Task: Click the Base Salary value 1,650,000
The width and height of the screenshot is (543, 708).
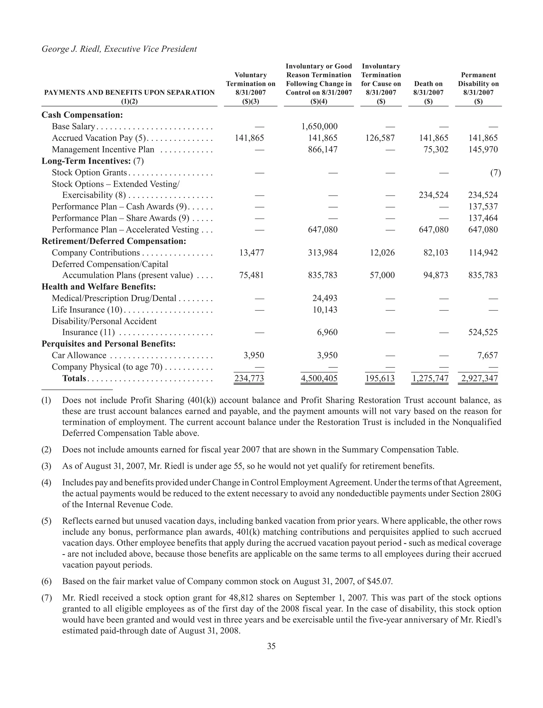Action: pos(319,127)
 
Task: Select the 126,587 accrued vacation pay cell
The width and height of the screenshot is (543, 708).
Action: pos(380,138)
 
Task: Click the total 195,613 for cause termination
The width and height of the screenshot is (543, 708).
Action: pos(380,378)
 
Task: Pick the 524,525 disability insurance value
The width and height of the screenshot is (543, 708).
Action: pos(483,332)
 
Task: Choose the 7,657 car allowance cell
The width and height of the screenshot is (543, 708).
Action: pos(487,355)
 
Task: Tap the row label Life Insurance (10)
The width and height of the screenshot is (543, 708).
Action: pos(87,310)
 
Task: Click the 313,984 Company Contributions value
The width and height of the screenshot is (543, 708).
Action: pos(323,253)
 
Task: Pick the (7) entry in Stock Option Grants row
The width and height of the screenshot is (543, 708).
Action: pos(496,173)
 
